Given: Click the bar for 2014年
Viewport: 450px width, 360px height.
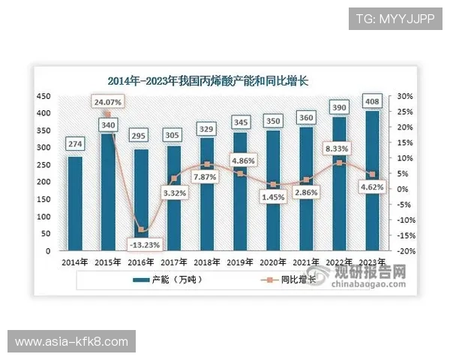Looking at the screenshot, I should click(75, 203).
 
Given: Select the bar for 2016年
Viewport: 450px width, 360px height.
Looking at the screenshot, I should click(139, 199).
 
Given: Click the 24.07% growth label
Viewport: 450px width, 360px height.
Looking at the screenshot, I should click(108, 101).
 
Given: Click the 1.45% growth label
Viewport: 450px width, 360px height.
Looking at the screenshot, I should click(273, 196).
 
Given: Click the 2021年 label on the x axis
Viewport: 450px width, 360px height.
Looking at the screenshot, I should click(306, 262).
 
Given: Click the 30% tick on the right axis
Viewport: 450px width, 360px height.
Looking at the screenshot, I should click(405, 97).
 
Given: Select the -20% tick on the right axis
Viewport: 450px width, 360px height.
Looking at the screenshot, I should click(405, 251).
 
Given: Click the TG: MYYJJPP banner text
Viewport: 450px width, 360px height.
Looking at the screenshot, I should click(395, 18).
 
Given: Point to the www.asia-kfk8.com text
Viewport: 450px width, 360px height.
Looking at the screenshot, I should click(71, 342).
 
